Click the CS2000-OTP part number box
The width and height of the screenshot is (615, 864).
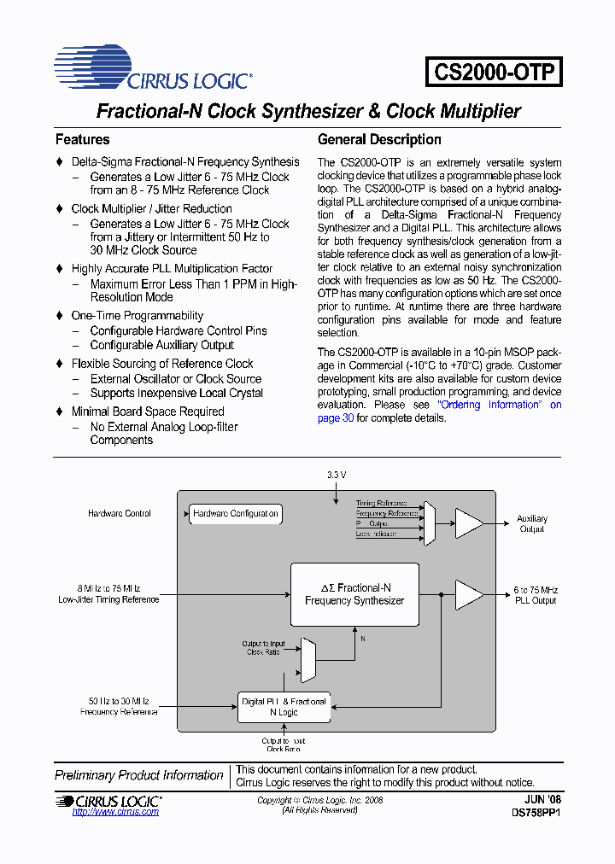point(494,71)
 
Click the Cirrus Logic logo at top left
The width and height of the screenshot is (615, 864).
point(153,70)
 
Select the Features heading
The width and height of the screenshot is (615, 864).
point(82,140)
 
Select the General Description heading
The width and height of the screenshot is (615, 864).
point(379,140)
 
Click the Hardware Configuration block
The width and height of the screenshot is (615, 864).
point(235,514)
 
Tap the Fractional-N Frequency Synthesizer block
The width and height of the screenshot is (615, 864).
point(354,594)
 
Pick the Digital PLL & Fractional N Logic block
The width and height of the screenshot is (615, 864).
point(284,707)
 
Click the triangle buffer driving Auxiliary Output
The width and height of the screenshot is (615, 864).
point(468,523)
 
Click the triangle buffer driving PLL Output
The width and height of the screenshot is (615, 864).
point(468,595)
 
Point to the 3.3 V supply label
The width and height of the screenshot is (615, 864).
point(337,474)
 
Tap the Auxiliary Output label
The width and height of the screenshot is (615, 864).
point(532,524)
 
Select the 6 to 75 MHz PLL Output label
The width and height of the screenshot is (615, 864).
point(536,595)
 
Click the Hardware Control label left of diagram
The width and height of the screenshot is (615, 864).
point(120,514)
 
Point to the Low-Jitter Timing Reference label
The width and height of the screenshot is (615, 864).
point(108,600)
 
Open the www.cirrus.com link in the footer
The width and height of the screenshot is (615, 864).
point(115,812)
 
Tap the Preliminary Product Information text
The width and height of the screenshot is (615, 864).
point(139,775)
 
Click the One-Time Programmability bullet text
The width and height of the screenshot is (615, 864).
point(138,316)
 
